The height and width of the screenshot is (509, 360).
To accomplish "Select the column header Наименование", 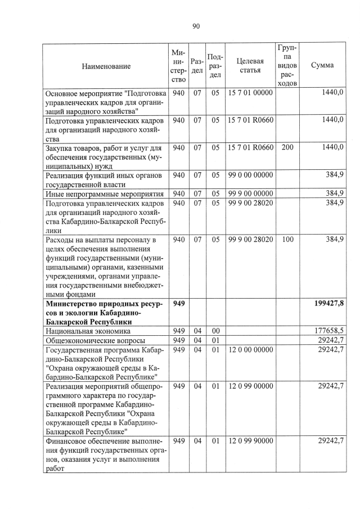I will click(106, 66).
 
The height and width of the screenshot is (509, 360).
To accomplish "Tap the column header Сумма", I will click(322, 65).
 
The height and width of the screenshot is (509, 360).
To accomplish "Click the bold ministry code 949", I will click(179, 304).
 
